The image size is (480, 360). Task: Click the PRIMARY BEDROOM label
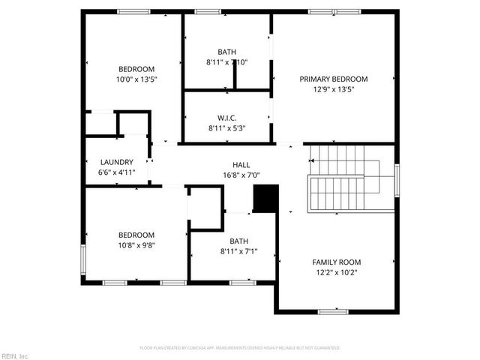point(334,79)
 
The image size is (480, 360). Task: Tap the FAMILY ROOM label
point(336,262)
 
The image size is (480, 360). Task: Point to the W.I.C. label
point(227,118)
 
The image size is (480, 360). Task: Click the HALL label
point(241,165)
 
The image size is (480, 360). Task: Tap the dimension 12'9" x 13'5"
point(334,89)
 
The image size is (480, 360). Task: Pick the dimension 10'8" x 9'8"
point(136,244)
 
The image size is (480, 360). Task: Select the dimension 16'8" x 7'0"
point(241,175)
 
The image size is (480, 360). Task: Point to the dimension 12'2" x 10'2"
point(336,272)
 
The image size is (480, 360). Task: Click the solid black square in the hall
point(265,198)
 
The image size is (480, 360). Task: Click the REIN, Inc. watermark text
point(15,355)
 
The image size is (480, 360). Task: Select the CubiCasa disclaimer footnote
point(240,348)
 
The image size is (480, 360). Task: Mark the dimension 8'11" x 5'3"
point(227,128)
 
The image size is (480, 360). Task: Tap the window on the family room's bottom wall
point(332,311)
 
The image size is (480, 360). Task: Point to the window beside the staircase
point(396,179)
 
